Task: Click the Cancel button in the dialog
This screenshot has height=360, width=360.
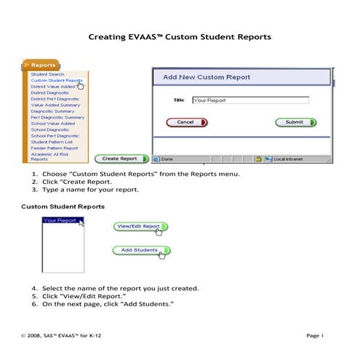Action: click(x=187, y=122)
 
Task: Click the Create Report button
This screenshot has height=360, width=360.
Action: click(x=121, y=158)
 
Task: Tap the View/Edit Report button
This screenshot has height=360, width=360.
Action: click(x=140, y=226)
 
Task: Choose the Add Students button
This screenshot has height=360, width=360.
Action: click(x=139, y=250)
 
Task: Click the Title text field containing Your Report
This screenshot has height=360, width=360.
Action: click(x=250, y=101)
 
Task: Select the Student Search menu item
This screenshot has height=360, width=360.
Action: click(x=47, y=74)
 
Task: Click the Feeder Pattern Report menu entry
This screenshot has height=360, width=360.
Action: click(x=55, y=148)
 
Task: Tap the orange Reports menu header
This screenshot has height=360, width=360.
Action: click(x=44, y=65)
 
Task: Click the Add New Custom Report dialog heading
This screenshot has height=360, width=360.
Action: click(x=207, y=77)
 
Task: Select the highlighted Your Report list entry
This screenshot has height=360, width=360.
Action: click(x=60, y=220)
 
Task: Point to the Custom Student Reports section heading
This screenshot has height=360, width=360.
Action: click(x=63, y=207)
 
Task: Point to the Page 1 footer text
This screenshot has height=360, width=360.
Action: click(x=315, y=335)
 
